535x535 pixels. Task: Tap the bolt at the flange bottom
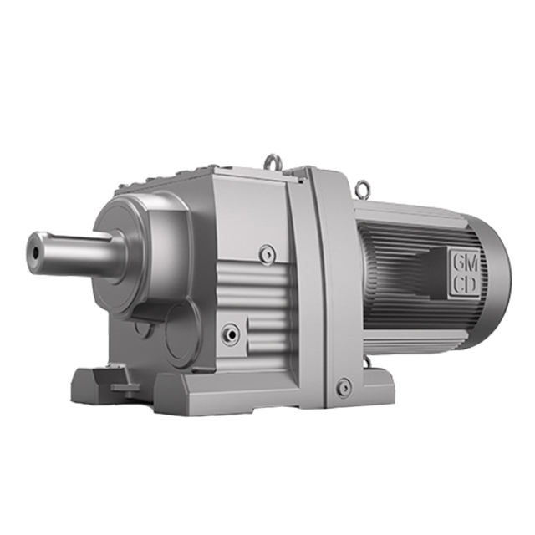click(x=344, y=387)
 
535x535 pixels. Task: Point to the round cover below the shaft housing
click(x=181, y=330)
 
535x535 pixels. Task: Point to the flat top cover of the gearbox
click(x=251, y=180)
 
